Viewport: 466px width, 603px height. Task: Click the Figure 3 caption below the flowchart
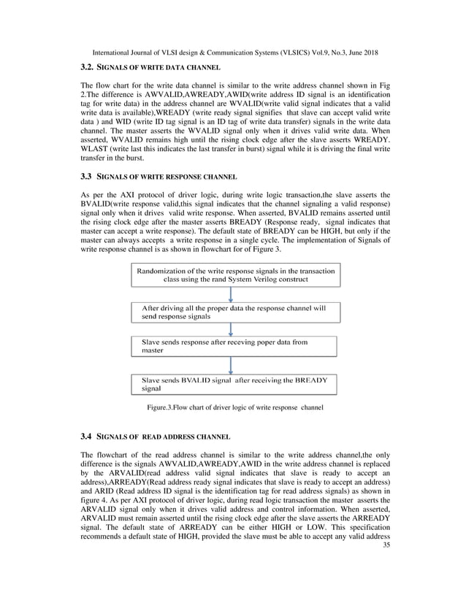(232, 406)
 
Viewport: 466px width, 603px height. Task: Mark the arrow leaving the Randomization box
(231, 294)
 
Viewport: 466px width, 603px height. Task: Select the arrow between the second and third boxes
(231, 329)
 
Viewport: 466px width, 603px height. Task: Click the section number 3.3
(85, 177)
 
